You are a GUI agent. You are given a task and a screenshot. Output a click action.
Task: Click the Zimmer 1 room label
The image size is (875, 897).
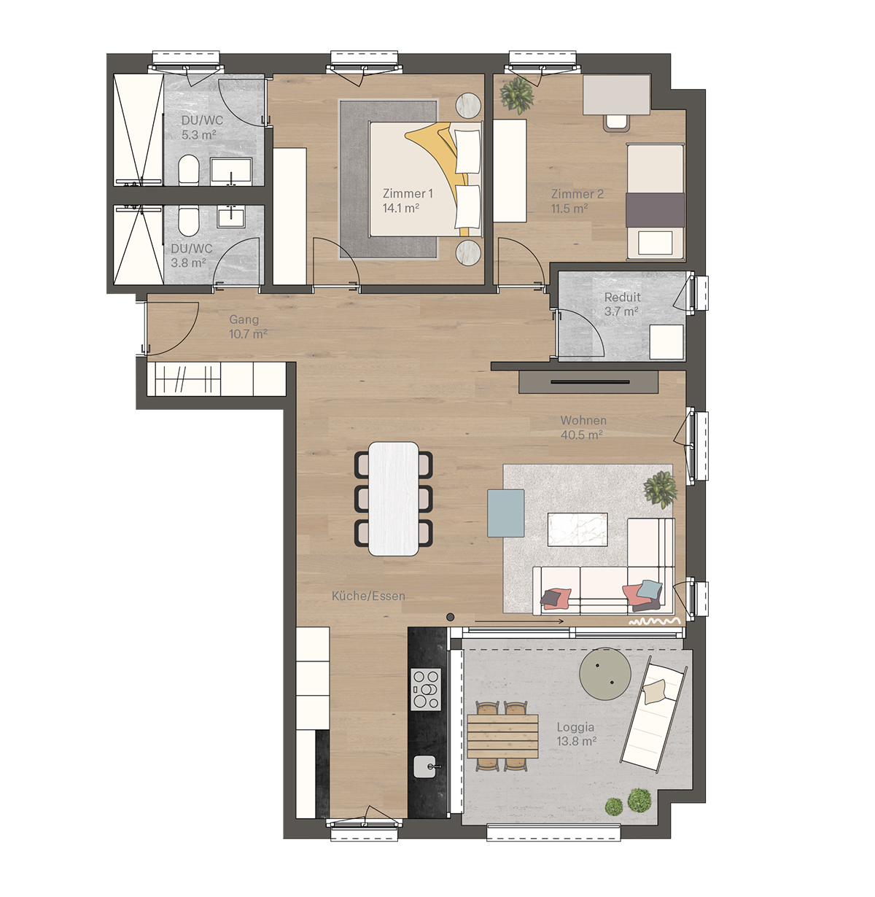click(408, 194)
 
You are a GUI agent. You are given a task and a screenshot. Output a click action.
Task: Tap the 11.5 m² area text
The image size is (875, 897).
click(569, 209)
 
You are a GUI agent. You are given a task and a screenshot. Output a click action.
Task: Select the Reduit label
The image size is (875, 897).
click(622, 297)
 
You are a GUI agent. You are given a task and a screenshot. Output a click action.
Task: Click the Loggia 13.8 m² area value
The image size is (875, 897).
click(576, 741)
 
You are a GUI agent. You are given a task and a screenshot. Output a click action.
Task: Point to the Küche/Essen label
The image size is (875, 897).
click(367, 596)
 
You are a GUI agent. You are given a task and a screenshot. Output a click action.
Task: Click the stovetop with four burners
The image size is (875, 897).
click(426, 689)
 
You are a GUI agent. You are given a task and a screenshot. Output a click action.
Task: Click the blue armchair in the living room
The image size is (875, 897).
click(505, 513)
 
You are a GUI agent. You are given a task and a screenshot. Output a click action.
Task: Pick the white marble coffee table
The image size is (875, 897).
click(577, 529)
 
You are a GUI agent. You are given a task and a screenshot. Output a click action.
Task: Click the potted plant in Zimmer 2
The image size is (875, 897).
click(517, 95)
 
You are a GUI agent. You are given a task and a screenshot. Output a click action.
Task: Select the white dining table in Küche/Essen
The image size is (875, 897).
click(394, 498)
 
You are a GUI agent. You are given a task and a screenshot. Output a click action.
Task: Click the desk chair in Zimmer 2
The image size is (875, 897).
click(617, 122)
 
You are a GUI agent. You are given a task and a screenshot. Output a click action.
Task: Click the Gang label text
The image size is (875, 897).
click(244, 319)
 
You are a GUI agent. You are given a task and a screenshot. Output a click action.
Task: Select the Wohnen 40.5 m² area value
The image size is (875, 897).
click(581, 435)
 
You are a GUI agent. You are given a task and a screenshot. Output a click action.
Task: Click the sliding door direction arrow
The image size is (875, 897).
click(519, 621)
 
